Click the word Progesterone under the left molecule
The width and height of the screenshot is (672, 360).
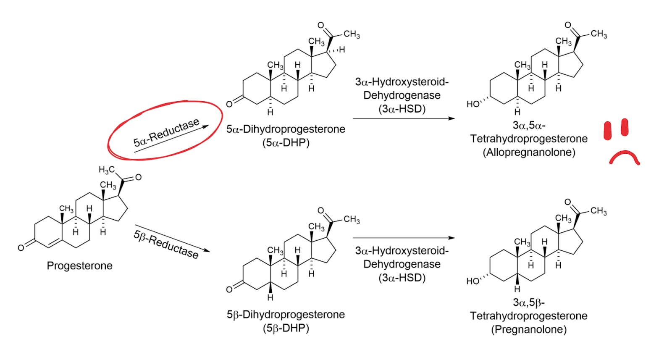point(79,266)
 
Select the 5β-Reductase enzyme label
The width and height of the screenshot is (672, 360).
point(166,244)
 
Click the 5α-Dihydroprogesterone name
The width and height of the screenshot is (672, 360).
point(286,129)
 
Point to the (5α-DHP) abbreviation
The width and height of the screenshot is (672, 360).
point(286,143)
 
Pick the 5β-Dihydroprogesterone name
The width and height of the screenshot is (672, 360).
point(286,314)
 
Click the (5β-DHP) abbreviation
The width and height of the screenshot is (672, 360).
point(286,328)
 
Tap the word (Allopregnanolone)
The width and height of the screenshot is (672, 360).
point(529,152)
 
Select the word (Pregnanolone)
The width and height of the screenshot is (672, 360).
point(529,329)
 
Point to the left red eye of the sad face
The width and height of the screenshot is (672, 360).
point(607,131)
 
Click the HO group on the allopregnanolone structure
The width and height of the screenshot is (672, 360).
point(473,104)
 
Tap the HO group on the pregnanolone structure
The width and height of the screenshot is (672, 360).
point(473,281)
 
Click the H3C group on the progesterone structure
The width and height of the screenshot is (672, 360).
point(107,170)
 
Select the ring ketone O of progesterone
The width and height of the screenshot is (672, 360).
point(21,248)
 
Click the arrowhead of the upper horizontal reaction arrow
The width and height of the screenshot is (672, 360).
point(451,118)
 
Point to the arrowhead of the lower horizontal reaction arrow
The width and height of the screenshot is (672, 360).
point(451,238)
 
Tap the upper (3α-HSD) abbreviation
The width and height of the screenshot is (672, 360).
point(402,109)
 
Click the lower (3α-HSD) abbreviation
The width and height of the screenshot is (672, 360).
point(402,278)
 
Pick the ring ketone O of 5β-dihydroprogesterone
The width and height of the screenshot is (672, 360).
point(229,289)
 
